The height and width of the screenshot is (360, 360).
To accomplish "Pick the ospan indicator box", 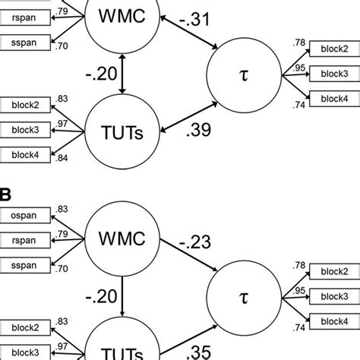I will (x=25, y=215).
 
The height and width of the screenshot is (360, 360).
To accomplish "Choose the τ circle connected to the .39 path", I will (x=243, y=75).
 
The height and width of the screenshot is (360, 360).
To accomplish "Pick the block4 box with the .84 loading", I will (x=25, y=155).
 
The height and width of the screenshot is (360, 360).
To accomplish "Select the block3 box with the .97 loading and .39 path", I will (x=25, y=131).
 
